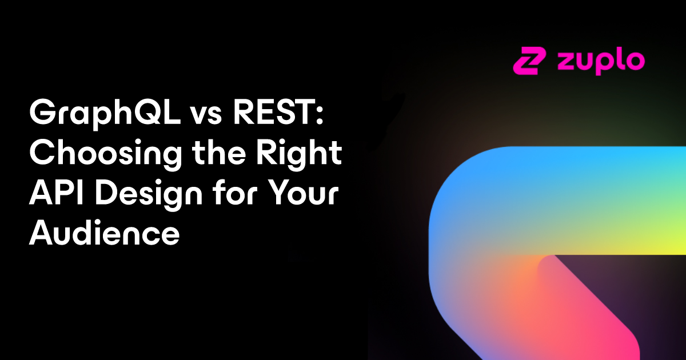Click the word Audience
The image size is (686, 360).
click(x=104, y=233)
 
